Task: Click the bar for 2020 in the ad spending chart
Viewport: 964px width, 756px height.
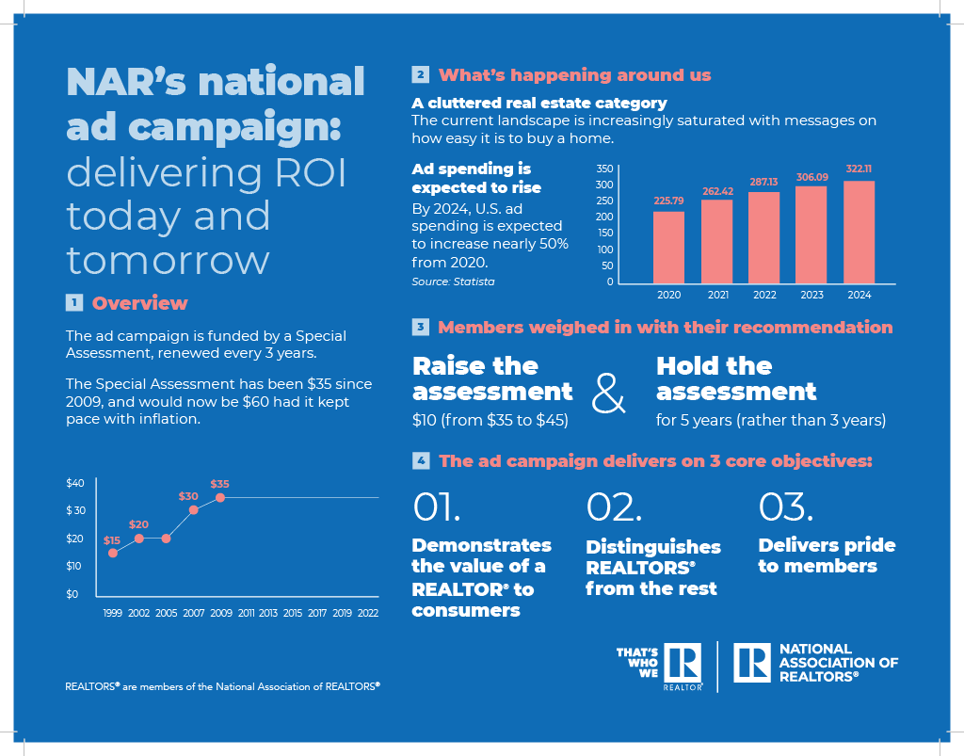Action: click(x=668, y=247)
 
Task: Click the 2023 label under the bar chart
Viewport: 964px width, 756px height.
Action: click(x=811, y=296)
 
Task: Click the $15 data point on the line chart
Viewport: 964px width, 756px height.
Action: click(x=113, y=553)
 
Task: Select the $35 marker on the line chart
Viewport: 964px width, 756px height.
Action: click(x=220, y=497)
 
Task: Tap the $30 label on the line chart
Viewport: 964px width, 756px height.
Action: click(x=188, y=495)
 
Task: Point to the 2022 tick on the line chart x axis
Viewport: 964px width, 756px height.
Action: click(x=368, y=613)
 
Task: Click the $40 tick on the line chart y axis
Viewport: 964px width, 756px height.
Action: click(x=75, y=483)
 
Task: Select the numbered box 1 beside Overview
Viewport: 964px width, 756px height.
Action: click(x=73, y=303)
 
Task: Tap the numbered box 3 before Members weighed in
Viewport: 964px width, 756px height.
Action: click(x=420, y=328)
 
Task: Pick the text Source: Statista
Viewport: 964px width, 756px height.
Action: click(x=453, y=281)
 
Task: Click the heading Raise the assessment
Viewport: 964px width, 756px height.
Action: click(x=492, y=378)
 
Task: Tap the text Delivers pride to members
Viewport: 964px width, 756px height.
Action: click(x=826, y=555)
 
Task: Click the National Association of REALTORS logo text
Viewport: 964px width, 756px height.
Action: click(x=838, y=663)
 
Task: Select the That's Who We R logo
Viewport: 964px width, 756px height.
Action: click(x=659, y=668)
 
